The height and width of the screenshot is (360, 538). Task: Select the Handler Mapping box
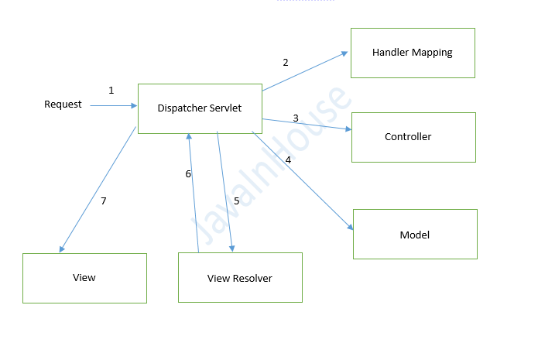click(x=412, y=53)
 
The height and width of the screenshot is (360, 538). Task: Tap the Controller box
click(x=413, y=137)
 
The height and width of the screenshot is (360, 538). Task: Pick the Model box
click(x=415, y=234)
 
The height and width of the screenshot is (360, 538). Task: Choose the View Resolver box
click(x=240, y=277)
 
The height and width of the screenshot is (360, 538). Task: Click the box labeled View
click(x=84, y=278)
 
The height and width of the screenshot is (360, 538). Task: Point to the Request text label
click(x=63, y=105)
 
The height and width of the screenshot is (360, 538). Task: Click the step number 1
click(x=111, y=91)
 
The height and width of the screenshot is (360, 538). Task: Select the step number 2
click(x=285, y=63)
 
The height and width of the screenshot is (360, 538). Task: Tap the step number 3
click(x=296, y=118)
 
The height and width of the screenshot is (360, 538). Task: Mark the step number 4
click(x=288, y=160)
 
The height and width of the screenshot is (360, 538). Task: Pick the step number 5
click(x=237, y=201)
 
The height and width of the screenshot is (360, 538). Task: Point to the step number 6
click(x=187, y=174)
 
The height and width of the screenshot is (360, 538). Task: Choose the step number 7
click(x=103, y=201)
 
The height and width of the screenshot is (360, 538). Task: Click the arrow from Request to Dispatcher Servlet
click(x=113, y=106)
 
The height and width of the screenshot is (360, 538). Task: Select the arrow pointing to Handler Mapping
click(x=305, y=71)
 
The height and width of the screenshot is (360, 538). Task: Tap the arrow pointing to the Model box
click(x=303, y=181)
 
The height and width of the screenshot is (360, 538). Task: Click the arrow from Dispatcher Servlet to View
click(x=98, y=190)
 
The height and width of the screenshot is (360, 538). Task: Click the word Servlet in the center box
click(x=225, y=108)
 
